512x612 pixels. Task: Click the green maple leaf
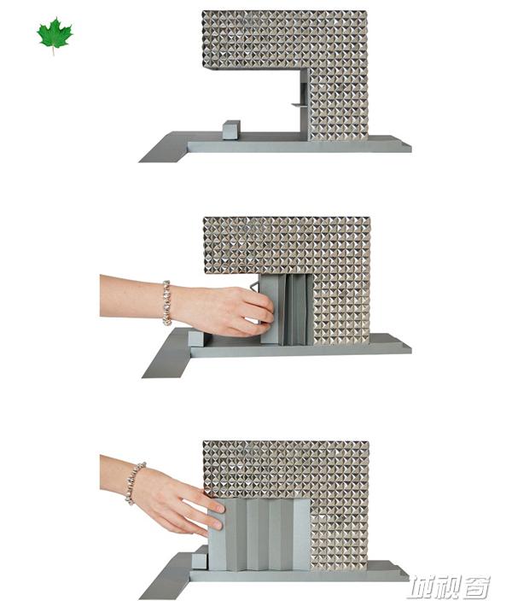[x=55, y=33]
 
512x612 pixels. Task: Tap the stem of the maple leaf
[x=54, y=50]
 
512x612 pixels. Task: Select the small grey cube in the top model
[x=231, y=130]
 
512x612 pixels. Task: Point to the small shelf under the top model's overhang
[x=299, y=105]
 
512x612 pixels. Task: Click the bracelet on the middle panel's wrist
[x=167, y=302]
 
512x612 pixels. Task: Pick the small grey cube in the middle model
[x=196, y=338]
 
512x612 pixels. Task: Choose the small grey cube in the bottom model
[x=200, y=557]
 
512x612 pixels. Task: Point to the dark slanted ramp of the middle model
[x=167, y=354]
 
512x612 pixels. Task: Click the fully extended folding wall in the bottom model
[x=259, y=534]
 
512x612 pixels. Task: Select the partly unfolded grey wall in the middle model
[x=287, y=309]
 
